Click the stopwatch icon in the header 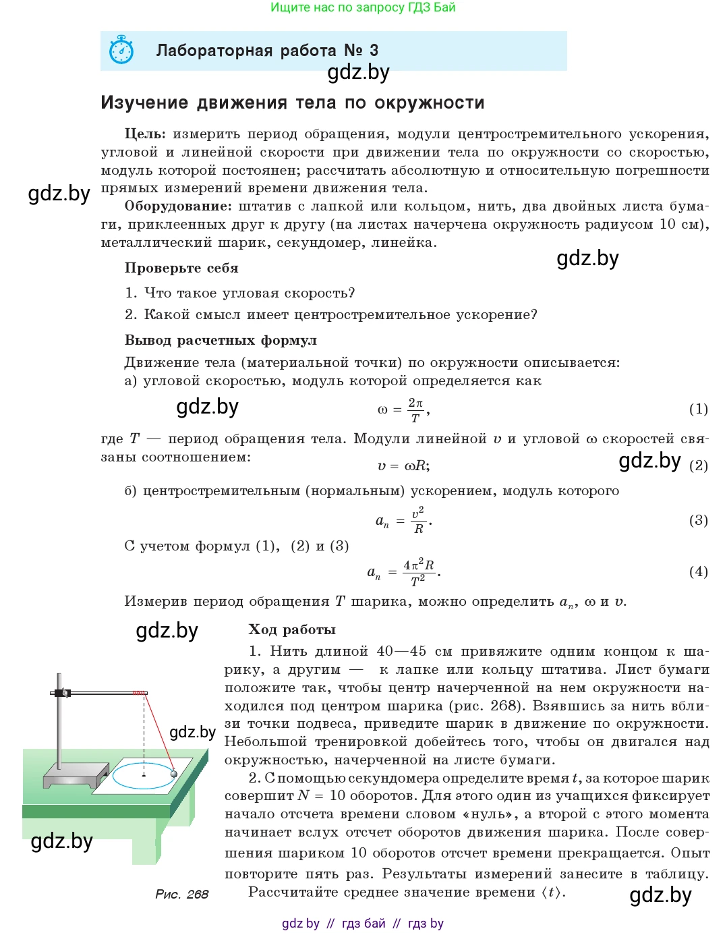pyautogui.click(x=122, y=50)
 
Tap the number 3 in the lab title pyautogui.click(x=374, y=51)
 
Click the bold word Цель pyautogui.click(x=144, y=134)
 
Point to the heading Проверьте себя pyautogui.click(x=181, y=268)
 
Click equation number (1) pyautogui.click(x=698, y=409)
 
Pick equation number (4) pyautogui.click(x=698, y=572)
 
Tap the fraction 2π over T pyautogui.click(x=415, y=409)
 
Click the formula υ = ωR pyautogui.click(x=403, y=465)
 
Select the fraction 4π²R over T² pyautogui.click(x=418, y=572)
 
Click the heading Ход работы pyautogui.click(x=292, y=629)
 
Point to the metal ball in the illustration pyautogui.click(x=174, y=774)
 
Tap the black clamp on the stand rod pyautogui.click(x=63, y=693)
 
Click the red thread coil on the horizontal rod pyautogui.click(x=139, y=693)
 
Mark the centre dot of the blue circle pyautogui.click(x=144, y=776)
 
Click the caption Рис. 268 pyautogui.click(x=181, y=894)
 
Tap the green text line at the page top pyautogui.click(x=363, y=7)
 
